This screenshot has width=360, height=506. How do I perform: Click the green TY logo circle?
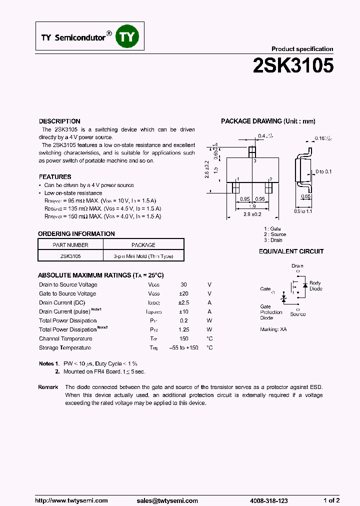(128, 37)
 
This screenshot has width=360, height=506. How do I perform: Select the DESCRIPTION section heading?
(59, 121)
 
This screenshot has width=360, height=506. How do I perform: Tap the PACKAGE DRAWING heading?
(268, 121)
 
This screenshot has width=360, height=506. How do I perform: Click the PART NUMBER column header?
(70, 245)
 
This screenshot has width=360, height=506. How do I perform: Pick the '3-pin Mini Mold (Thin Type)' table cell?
(143, 256)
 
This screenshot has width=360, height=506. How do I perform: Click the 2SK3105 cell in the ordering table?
(70, 256)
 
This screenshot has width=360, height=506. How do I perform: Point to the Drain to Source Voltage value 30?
(183, 284)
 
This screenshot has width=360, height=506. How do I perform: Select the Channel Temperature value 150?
(183, 338)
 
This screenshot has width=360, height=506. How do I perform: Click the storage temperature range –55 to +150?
(183, 347)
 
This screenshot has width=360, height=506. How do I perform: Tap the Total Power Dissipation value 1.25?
(183, 329)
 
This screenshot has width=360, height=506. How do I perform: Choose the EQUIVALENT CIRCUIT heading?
(291, 251)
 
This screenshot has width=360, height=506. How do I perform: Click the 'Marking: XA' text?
(273, 329)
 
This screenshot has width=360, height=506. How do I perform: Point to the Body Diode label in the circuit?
(316, 286)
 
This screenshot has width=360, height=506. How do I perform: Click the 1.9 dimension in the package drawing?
(252, 206)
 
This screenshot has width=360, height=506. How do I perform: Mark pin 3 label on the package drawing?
(254, 161)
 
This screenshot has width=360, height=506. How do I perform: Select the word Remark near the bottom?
(48, 387)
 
